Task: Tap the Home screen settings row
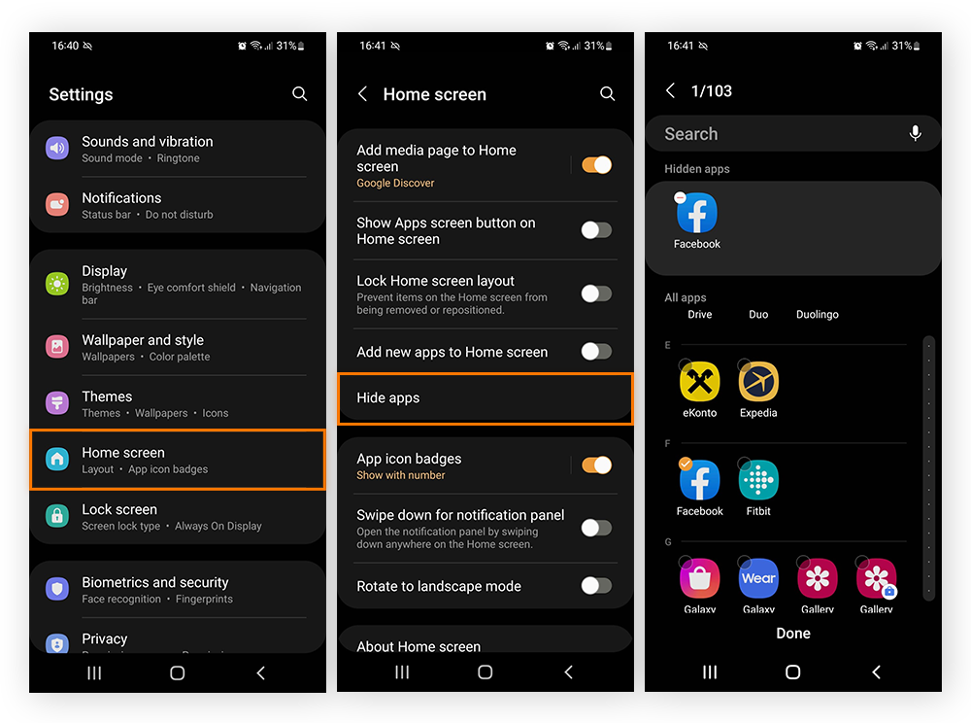coord(178,460)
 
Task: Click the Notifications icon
coord(57,205)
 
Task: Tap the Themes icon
coord(57,403)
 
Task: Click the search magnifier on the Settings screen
coord(299,93)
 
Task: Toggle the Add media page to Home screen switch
coord(596,165)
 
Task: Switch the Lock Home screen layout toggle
coord(596,293)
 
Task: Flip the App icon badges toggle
coord(596,465)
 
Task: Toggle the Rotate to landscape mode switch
coord(596,586)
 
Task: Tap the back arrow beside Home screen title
coord(362,93)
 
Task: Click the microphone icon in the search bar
coord(915,134)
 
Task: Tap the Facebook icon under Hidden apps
coord(697,214)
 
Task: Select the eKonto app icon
coord(699,383)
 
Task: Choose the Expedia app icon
coord(758,383)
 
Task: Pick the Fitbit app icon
coord(758,480)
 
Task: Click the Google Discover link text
coord(395,183)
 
